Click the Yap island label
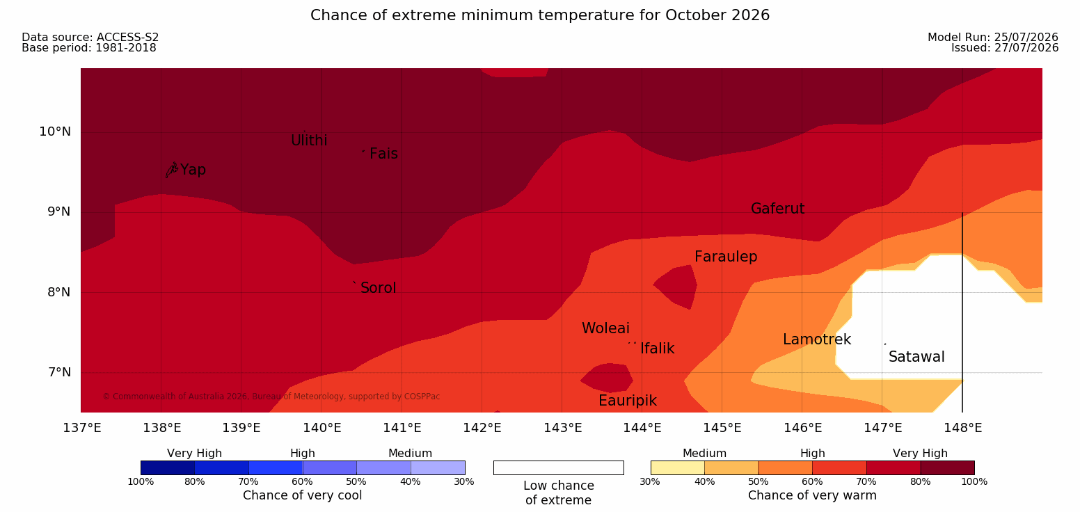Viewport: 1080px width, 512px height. (x=193, y=170)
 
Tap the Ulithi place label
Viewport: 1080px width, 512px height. (x=309, y=141)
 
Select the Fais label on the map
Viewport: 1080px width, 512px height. (x=384, y=154)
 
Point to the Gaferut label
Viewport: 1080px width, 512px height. (x=778, y=209)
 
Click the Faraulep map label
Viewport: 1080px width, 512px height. (x=726, y=257)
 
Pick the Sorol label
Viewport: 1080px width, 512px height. (x=378, y=288)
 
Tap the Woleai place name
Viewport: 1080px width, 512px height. (x=605, y=328)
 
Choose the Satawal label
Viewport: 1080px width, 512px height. (x=916, y=357)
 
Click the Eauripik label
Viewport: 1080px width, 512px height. (x=627, y=401)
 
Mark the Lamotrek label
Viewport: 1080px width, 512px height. (x=817, y=339)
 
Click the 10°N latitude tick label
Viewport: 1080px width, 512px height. (x=55, y=131)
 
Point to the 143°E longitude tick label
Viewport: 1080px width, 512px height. (x=563, y=428)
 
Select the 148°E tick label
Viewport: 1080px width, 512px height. (x=963, y=428)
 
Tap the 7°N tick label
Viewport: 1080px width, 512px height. (x=59, y=372)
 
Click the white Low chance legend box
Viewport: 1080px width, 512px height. (x=558, y=467)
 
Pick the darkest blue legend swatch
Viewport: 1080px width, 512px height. (x=168, y=467)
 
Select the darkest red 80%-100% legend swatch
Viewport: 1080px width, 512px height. (x=947, y=467)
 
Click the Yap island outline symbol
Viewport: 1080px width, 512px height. (x=172, y=170)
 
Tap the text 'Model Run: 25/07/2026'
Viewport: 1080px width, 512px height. (x=993, y=37)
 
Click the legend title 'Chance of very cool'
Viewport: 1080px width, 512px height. (x=302, y=495)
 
